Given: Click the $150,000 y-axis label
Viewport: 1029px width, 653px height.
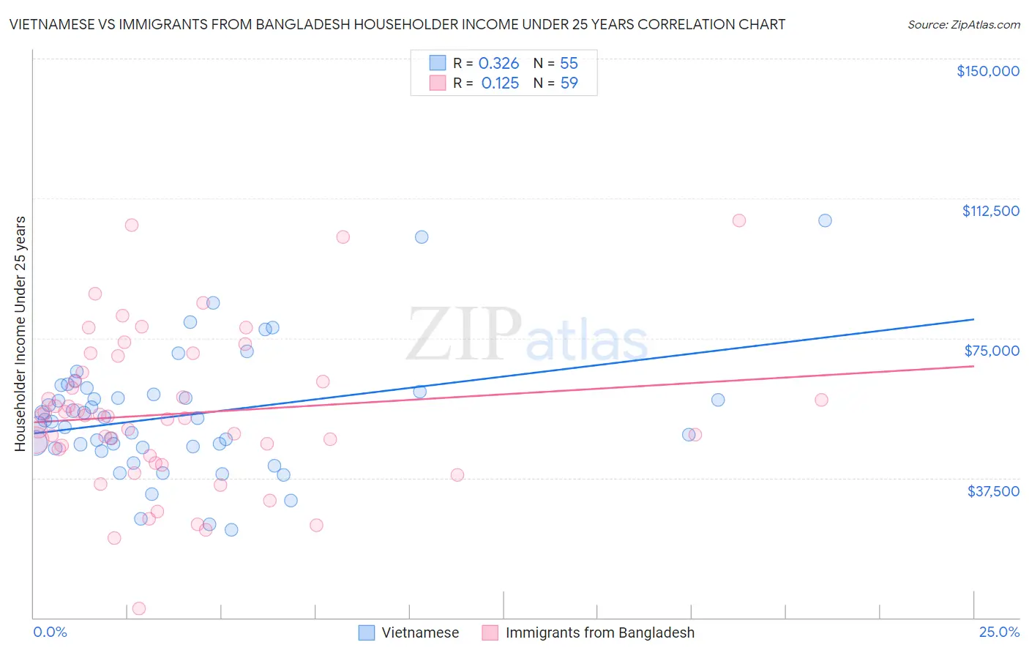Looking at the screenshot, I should point(987,71).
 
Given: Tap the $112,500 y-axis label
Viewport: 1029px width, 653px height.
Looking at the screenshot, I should point(990,211).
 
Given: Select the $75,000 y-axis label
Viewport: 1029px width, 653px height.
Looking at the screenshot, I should point(992,351).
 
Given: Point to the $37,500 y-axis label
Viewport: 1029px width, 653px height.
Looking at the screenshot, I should point(992,491).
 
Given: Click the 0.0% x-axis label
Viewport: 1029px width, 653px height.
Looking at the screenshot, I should point(50,632).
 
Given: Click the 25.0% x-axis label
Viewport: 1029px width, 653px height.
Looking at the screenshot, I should point(999,632).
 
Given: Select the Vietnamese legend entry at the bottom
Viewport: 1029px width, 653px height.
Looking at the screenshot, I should point(409,633).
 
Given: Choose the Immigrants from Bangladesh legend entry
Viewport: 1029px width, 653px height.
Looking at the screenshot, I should point(588,633).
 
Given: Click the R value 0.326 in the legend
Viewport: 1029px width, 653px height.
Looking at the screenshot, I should point(498,64).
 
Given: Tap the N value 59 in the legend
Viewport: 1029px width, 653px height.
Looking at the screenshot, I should point(569,83).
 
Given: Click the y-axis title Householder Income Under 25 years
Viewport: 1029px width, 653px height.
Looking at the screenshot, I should point(20,333).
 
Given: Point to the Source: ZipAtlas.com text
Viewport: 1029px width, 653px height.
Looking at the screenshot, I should point(963,24).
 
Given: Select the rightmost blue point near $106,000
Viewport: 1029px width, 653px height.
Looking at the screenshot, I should point(825,220).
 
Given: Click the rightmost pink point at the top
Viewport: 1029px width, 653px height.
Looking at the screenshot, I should point(739,220).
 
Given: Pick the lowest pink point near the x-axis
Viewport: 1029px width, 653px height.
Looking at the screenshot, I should point(138,608).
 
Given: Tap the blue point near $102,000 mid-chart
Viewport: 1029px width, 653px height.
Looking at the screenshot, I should point(422,236).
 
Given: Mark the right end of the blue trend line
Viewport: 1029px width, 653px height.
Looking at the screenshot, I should point(973,319).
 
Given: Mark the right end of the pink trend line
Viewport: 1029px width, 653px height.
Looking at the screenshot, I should point(973,365).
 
